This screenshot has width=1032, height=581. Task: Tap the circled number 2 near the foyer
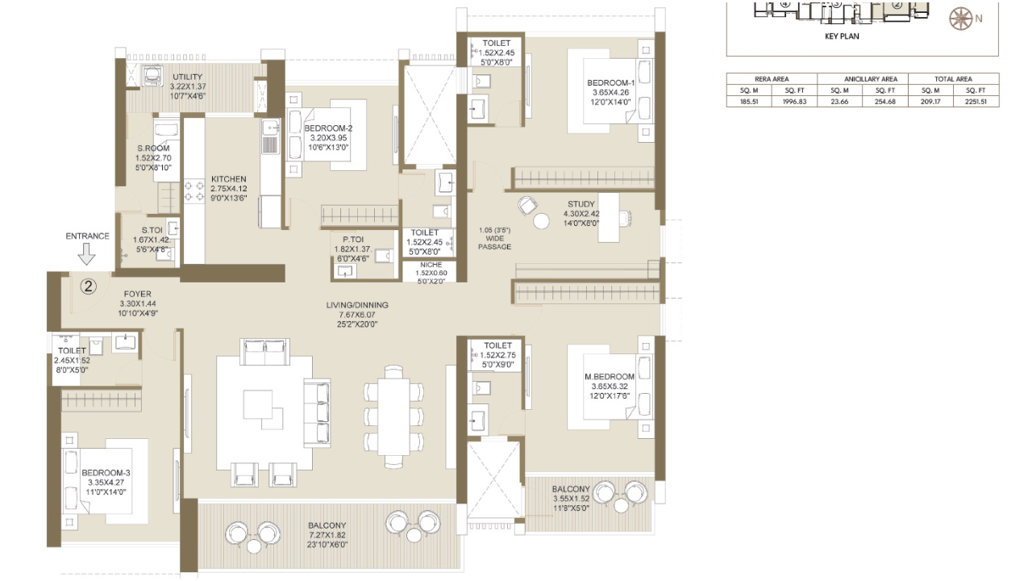[89, 286]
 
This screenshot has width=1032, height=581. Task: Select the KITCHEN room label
[229, 179]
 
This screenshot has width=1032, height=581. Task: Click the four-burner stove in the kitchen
[194, 191]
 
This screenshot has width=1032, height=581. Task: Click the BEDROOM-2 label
[328, 128]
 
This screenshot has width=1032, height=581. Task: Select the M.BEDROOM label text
[610, 377]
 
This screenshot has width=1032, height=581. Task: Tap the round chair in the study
[527, 205]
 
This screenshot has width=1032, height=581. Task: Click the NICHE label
[431, 265]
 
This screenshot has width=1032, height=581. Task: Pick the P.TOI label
[352, 240]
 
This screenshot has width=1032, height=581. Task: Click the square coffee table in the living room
[259, 403]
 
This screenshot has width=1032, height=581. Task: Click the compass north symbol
[960, 19]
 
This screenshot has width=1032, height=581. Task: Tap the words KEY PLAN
[842, 36]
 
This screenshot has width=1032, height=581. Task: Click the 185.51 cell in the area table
[749, 102]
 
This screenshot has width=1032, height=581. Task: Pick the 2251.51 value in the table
[976, 102]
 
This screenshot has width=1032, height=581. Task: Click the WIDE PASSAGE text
[494, 243]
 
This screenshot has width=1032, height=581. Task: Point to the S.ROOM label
[153, 148]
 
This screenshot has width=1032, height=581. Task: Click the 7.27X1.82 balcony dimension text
[327, 535]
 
